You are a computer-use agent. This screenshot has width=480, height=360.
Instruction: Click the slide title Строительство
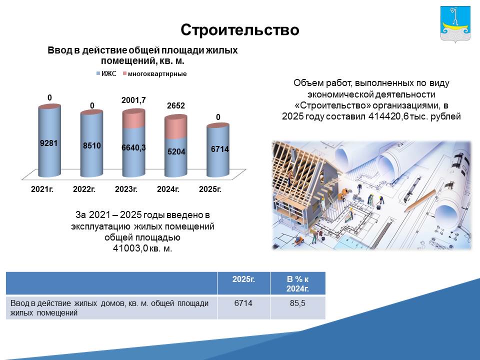(x=239, y=30)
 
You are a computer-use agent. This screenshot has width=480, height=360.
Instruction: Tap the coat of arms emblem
(x=455, y=24)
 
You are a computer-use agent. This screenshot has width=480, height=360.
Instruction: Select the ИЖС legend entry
(x=106, y=74)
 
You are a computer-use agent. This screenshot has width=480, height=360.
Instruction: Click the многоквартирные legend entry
(x=154, y=74)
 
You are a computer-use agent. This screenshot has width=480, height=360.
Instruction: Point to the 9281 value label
(x=48, y=143)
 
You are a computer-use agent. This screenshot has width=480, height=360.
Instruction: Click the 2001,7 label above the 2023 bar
(x=133, y=100)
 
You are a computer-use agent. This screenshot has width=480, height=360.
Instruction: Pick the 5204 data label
(x=176, y=151)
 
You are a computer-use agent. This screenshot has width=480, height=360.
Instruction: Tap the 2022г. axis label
(x=84, y=189)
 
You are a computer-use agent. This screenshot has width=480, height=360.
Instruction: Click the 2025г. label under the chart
(x=210, y=189)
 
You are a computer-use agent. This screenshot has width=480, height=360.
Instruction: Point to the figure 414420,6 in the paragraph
(x=388, y=116)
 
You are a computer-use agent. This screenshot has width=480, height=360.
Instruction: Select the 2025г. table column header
(x=243, y=279)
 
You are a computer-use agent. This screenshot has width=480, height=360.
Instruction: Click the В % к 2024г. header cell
(x=297, y=284)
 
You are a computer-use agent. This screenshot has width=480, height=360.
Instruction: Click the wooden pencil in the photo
(x=420, y=200)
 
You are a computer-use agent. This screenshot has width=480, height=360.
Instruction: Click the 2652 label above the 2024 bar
(x=176, y=105)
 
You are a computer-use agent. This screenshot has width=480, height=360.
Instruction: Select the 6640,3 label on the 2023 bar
(x=133, y=147)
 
